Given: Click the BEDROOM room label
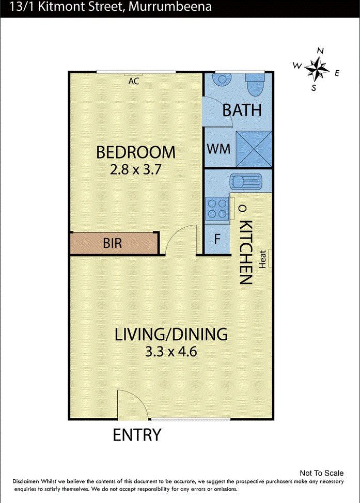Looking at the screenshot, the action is click(136, 152).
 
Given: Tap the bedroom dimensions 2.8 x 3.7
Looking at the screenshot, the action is click(135, 169).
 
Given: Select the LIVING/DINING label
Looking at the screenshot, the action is click(171, 334).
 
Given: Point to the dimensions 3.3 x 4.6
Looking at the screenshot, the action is click(171, 351).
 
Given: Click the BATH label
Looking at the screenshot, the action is click(242, 110).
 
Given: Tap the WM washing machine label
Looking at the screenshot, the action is click(218, 149).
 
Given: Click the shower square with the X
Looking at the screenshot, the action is click(254, 149).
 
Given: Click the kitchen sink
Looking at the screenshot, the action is click(246, 182).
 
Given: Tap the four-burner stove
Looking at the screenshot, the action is click(217, 209).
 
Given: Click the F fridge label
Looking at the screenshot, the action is click(217, 239).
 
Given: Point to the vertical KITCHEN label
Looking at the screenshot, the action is click(246, 252).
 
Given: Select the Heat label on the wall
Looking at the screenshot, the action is click(262, 259).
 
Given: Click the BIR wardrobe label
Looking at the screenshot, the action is click(112, 243).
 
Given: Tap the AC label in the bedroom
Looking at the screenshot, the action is click(134, 81).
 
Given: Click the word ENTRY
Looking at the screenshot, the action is click(137, 435).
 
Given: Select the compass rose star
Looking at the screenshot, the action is click(317, 69).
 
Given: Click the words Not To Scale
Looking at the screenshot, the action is click(321, 473).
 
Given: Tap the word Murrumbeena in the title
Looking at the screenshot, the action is click(170, 6).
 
